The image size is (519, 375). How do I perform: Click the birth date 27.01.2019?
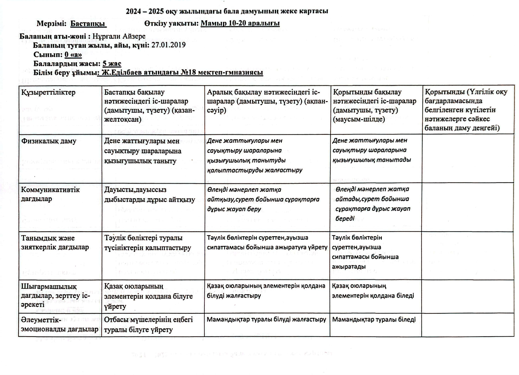click(x=168, y=45)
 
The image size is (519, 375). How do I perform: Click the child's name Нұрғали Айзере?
click(x=119, y=36)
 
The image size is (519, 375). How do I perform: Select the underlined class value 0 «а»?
click(x=73, y=55)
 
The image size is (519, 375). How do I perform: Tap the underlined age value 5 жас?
click(x=112, y=64)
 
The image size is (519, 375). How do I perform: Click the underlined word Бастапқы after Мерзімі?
click(x=88, y=24)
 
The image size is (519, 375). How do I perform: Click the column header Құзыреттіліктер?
click(x=48, y=92)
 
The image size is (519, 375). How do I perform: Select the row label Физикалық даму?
click(x=49, y=141)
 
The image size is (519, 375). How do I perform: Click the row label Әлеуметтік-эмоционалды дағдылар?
click(x=59, y=324)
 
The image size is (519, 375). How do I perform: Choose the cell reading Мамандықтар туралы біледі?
click(x=374, y=320)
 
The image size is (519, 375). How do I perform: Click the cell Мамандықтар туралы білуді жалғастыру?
click(x=266, y=320)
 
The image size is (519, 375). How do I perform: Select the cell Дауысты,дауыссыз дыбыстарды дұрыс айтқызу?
click(x=149, y=195)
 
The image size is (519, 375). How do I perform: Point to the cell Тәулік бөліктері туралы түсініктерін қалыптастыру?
click(x=147, y=243)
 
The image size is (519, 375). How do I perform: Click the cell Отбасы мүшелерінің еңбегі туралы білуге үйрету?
click(x=148, y=325)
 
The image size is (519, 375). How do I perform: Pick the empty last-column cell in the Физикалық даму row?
click(x=468, y=158)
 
